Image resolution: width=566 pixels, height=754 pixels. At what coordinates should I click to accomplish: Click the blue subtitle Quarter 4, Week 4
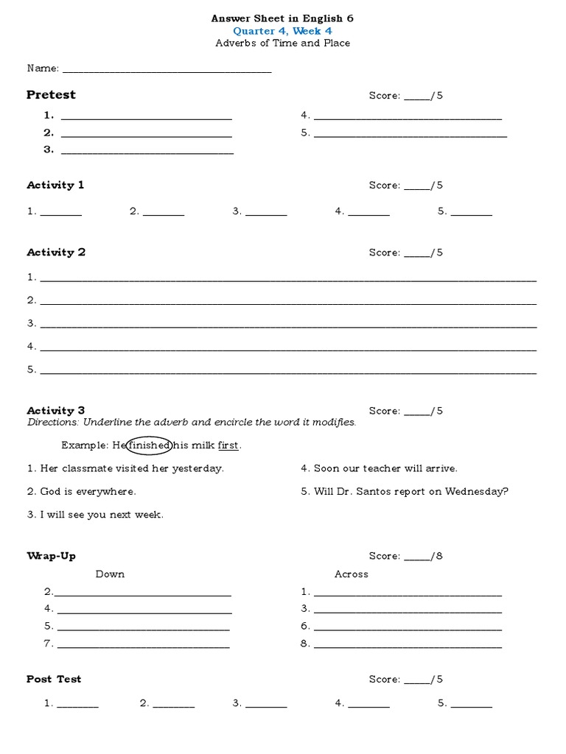coord(282,31)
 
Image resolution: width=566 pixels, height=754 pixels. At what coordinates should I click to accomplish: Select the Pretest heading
coord(51,95)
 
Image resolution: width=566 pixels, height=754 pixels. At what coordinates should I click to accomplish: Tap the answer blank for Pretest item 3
coord(147,152)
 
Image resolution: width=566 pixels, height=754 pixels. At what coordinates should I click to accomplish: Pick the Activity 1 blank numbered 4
coord(368,214)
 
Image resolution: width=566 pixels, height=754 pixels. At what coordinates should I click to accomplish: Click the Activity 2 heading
coord(56,253)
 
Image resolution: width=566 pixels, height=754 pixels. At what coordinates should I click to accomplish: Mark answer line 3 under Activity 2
coord(287,326)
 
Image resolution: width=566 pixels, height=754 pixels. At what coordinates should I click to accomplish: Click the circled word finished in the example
coord(150,445)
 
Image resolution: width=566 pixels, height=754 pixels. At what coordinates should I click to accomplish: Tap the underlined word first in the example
coord(229,445)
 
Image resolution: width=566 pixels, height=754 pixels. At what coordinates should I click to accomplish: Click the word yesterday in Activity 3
coord(198,468)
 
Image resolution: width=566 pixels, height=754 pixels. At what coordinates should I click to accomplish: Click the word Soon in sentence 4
coord(326,468)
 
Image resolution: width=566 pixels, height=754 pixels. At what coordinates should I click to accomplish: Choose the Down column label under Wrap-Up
coord(110,574)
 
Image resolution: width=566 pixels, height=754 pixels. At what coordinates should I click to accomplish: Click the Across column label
coord(351,574)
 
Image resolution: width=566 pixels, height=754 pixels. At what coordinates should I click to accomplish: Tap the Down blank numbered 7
coord(143,647)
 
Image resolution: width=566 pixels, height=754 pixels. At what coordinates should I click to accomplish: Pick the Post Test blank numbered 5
coord(472,706)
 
